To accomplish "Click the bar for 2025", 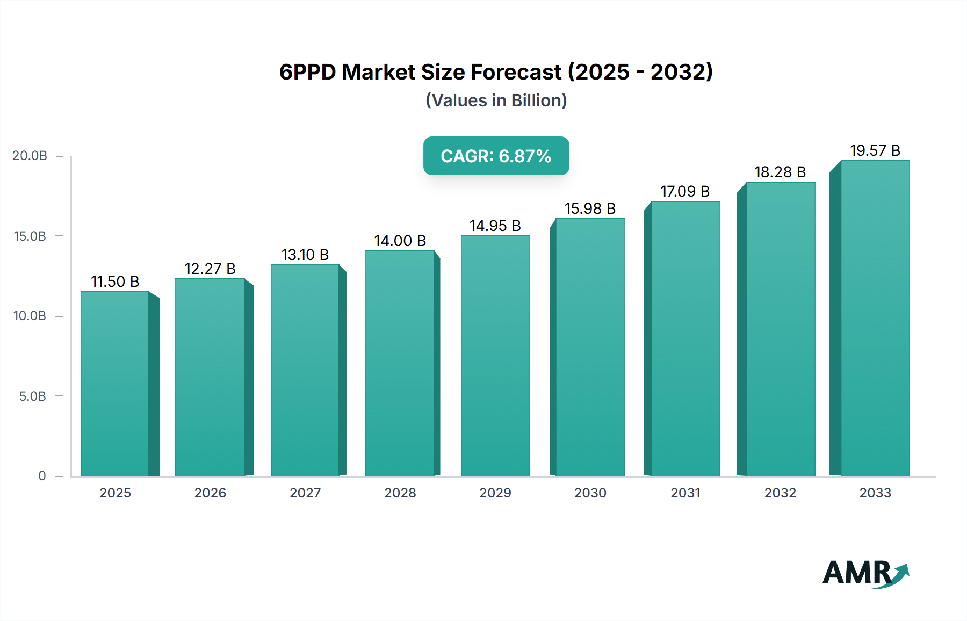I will click(x=114, y=384).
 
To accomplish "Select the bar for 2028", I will click(x=400, y=363).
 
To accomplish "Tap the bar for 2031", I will click(x=685, y=338).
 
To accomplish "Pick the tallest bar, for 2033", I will click(x=875, y=318).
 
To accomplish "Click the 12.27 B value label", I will click(x=210, y=269).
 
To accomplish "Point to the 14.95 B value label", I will click(x=495, y=226).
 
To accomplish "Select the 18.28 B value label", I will click(x=780, y=172).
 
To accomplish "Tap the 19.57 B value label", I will click(x=875, y=150).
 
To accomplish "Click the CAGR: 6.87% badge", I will click(x=496, y=156).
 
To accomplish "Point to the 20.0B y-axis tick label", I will click(x=30, y=156).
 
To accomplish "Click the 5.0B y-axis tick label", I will click(x=32, y=396).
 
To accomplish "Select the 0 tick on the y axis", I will click(x=42, y=476).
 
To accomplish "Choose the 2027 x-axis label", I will click(x=305, y=493).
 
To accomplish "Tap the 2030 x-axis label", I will click(x=590, y=493).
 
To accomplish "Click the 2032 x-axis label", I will click(x=780, y=493).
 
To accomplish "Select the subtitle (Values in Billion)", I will click(x=496, y=100).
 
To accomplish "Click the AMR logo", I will click(x=865, y=573).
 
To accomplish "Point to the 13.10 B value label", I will click(x=305, y=255).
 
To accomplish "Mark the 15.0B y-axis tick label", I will click(x=30, y=236).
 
